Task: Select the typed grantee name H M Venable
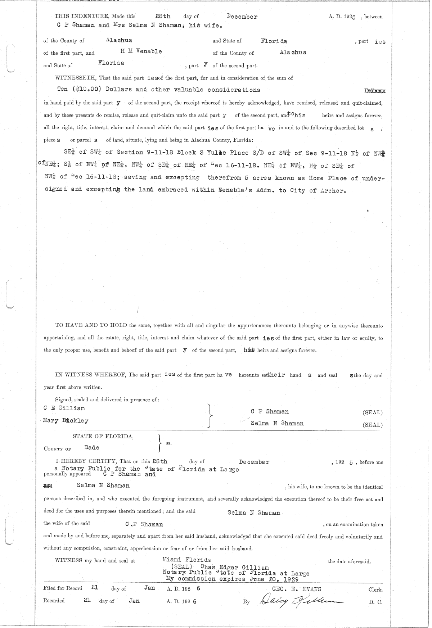pos(141,51)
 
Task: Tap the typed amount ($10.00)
pos(84,90)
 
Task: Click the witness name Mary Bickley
pos(66,420)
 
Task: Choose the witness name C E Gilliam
pos(64,408)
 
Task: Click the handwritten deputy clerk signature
pos(298,600)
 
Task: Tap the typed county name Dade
pos(92,448)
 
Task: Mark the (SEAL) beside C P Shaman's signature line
pos(373,412)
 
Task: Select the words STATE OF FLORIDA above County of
pos(103,436)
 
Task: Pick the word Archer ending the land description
pos(333,190)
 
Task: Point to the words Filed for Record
pos(63,588)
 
